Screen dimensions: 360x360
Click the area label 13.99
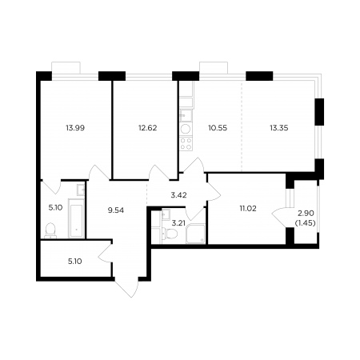75,128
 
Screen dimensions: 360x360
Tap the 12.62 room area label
147,128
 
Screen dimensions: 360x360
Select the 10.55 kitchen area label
218,128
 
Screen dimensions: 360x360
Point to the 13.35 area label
279,128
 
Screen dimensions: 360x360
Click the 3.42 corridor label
178,195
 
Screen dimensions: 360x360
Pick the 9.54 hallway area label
116,210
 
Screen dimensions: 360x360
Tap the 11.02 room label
248,209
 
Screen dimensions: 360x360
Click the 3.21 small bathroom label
178,223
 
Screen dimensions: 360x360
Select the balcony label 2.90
306,214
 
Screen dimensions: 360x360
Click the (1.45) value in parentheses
306,223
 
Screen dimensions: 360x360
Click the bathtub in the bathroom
77,218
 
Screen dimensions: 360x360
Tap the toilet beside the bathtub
50,230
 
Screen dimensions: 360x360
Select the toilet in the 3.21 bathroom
170,234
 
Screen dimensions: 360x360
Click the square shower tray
195,234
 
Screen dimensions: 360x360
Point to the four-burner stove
186,143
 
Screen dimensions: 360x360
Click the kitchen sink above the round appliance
186,115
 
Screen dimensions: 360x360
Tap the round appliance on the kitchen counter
186,130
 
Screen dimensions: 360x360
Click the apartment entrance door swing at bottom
127,287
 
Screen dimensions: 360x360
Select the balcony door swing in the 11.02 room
279,217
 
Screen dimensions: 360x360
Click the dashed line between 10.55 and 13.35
242,126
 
